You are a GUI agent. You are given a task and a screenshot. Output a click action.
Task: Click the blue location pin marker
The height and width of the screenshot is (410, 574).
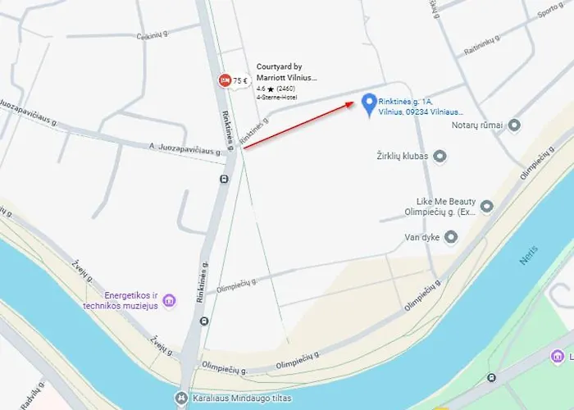click(x=368, y=104)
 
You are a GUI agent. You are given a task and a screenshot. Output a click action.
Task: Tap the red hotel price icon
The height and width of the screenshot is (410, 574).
click(x=224, y=80)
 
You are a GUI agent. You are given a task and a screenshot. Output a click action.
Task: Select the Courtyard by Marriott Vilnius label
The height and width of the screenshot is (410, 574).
click(x=286, y=72)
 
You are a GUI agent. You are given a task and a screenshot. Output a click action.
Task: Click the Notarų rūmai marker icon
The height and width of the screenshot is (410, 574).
click(x=514, y=125)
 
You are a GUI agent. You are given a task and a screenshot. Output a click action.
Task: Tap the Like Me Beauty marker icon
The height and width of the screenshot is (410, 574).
click(x=487, y=206)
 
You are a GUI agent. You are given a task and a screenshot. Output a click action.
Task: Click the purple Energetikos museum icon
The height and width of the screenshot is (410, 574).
click(x=169, y=300)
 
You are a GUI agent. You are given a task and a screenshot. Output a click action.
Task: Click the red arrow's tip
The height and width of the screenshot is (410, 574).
click(x=356, y=102)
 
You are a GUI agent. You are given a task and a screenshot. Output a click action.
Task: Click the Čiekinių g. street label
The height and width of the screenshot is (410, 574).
click(x=152, y=35)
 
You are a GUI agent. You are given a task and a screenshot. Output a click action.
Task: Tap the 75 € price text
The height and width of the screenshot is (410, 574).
click(x=240, y=80)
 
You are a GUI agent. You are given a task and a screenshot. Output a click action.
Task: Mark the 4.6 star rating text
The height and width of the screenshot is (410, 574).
click(x=276, y=89)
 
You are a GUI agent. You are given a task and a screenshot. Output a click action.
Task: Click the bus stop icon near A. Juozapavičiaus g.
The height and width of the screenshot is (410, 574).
click(x=224, y=179)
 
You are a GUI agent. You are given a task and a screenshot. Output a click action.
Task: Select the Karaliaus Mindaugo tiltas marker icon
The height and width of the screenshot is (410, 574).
click(x=180, y=400)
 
